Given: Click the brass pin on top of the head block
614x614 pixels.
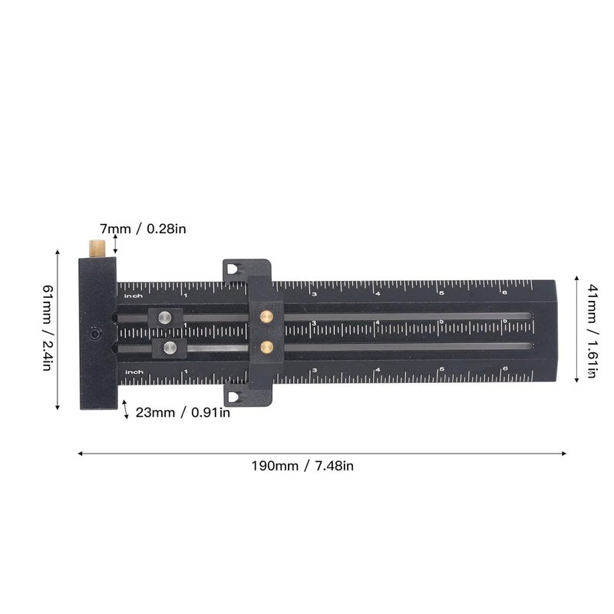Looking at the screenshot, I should click(97, 248).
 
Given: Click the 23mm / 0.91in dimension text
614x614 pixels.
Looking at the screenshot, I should click(183, 412).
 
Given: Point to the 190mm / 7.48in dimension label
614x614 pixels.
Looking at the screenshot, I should click(302, 465).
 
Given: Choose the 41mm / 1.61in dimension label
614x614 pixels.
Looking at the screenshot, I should click(592, 331).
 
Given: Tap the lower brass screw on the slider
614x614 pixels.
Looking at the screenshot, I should click(266, 347).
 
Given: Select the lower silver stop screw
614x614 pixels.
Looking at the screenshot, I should click(170, 348).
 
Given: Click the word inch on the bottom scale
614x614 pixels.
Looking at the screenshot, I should click(134, 372).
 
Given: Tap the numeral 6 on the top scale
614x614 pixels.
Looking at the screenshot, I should click(504, 292).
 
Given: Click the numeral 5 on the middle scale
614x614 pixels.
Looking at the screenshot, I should click(441, 322).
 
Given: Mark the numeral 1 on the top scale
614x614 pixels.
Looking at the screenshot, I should click(185, 295).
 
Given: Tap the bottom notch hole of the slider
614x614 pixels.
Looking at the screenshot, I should click(233, 395).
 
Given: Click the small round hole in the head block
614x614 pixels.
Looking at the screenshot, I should click(95, 335).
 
